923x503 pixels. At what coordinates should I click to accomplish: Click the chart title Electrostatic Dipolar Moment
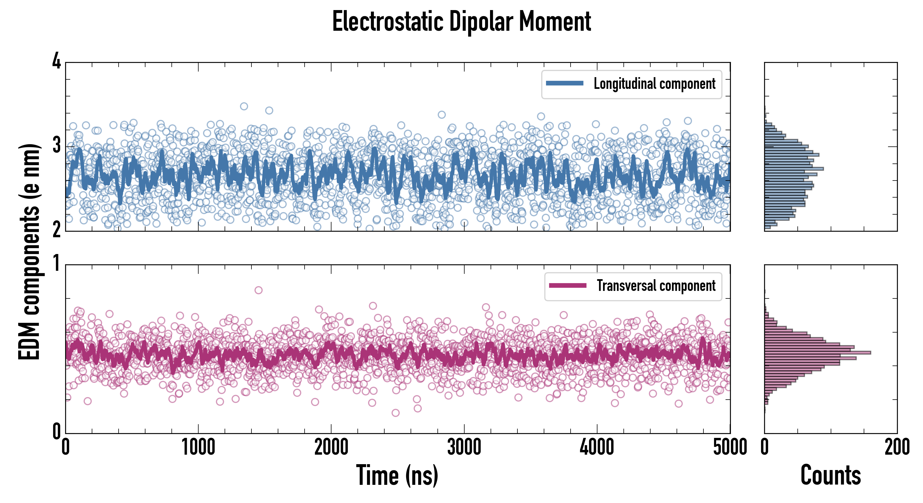462,22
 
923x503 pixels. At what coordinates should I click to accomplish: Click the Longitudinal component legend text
654,84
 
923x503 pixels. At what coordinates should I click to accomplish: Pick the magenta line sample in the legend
568,286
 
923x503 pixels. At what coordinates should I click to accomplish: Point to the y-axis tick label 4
56,61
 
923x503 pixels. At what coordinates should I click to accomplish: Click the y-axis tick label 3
56,145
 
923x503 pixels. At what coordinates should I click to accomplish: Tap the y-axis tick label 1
56,264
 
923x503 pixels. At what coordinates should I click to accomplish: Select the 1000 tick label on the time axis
198,447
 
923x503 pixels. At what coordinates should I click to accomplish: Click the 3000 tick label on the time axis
464,447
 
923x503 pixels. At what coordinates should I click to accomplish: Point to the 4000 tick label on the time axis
597,447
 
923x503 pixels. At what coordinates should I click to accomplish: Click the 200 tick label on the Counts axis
897,447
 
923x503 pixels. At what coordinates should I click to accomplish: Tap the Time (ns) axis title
397,475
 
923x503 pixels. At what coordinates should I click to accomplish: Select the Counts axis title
830,475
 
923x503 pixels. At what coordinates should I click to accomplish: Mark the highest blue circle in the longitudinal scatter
244,106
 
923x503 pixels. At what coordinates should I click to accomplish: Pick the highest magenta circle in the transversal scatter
258,290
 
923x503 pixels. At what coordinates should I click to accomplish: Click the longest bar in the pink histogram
817,353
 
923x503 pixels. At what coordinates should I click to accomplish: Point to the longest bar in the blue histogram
794,169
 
